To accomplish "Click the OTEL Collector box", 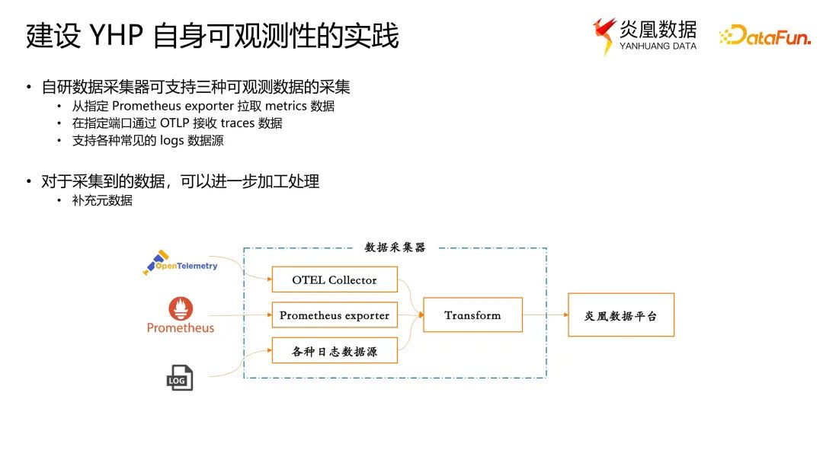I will click(335, 279).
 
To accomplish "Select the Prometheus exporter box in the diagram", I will click(335, 315).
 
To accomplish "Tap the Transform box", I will click(472, 315).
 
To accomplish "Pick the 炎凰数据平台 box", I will click(620, 315).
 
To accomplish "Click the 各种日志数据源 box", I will click(335, 352).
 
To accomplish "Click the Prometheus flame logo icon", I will click(181, 308).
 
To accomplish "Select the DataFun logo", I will click(765, 36).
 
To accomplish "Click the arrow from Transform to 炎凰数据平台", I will click(545, 315).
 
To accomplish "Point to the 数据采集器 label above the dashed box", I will click(395, 247).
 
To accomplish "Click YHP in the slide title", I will click(112, 36).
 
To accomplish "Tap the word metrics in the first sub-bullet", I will click(286, 106).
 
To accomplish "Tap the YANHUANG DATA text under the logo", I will click(658, 46).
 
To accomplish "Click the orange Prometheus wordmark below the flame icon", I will click(181, 328).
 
